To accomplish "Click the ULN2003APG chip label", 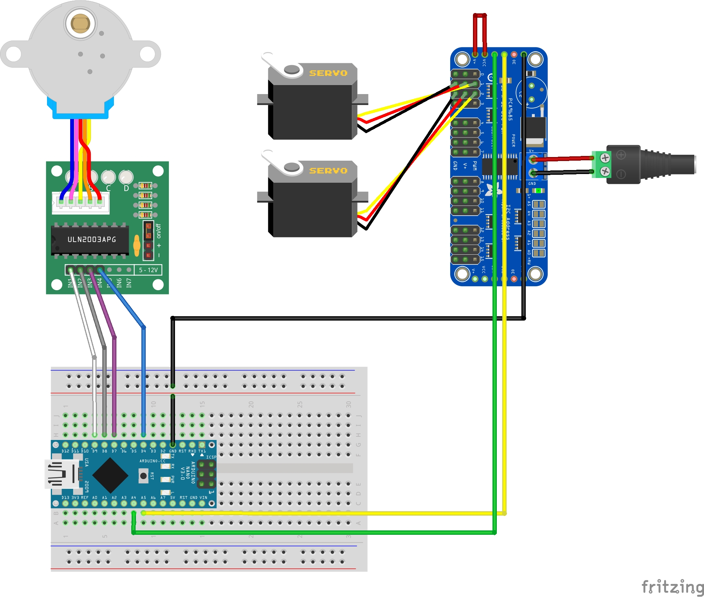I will pyautogui.click(x=91, y=240).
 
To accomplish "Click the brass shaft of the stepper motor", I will pyautogui.click(x=80, y=24).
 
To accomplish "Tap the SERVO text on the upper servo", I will pyautogui.click(x=328, y=73).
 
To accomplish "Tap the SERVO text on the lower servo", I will pyautogui.click(x=328, y=170).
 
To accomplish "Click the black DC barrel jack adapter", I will pyautogui.click(x=651, y=165).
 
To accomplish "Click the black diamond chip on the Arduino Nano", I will pyautogui.click(x=110, y=475).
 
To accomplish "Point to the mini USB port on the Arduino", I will pyautogui.click(x=61, y=474).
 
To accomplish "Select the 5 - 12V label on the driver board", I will pyautogui.click(x=148, y=270).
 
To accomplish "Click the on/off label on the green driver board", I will pyautogui.click(x=158, y=231).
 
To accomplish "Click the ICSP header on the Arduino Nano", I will pyautogui.click(x=206, y=474).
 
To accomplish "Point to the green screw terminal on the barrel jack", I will pyautogui.click(x=602, y=165).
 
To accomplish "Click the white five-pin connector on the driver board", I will pyautogui.click(x=81, y=202).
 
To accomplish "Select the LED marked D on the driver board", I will pyautogui.click(x=126, y=177).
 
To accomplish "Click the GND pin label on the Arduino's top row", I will pyautogui.click(x=173, y=451).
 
